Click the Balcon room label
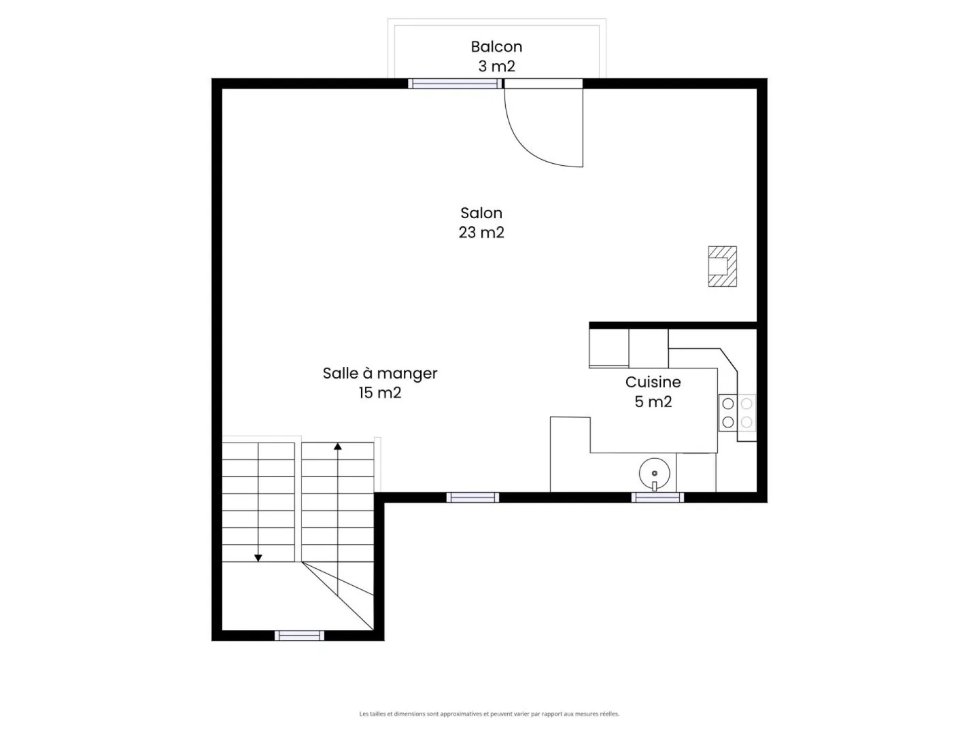pos(496,47)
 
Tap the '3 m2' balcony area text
pos(496,67)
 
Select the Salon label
pos(481,213)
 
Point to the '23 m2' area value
pos(481,232)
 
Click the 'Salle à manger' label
pos(380,373)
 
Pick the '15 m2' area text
pos(380,393)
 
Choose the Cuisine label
pos(653,382)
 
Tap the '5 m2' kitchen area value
pos(653,402)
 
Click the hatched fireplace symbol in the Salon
pos(722,266)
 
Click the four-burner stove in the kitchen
pos(737,413)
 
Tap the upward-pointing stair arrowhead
pos(338,447)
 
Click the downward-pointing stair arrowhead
pos(258,557)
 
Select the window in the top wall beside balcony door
pos(455,84)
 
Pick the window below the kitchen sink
pos(657,498)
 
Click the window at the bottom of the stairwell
pos(299,636)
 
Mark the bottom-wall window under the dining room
pos(473,498)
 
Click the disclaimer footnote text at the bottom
pos(489,714)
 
